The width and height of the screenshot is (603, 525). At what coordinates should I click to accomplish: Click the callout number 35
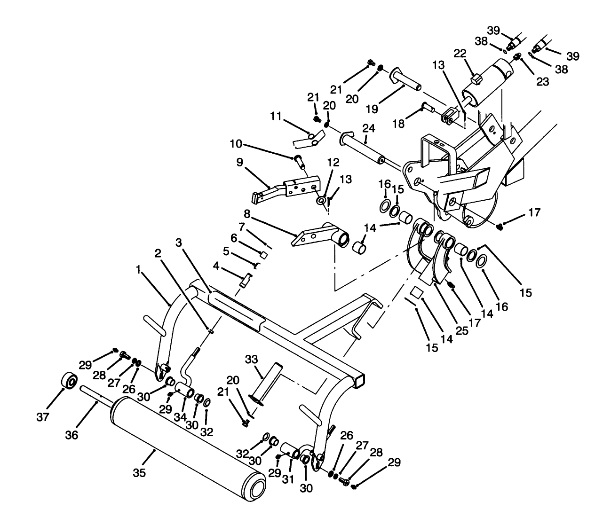[x=139, y=472]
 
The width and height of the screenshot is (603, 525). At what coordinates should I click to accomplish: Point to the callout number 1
[x=138, y=269]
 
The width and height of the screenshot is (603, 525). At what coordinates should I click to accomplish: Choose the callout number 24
[x=368, y=127]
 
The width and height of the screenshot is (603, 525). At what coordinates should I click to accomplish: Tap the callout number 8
[x=247, y=220]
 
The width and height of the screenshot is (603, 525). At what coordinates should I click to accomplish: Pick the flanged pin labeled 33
[x=265, y=383]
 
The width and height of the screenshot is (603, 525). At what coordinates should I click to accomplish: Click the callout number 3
[x=178, y=243]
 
